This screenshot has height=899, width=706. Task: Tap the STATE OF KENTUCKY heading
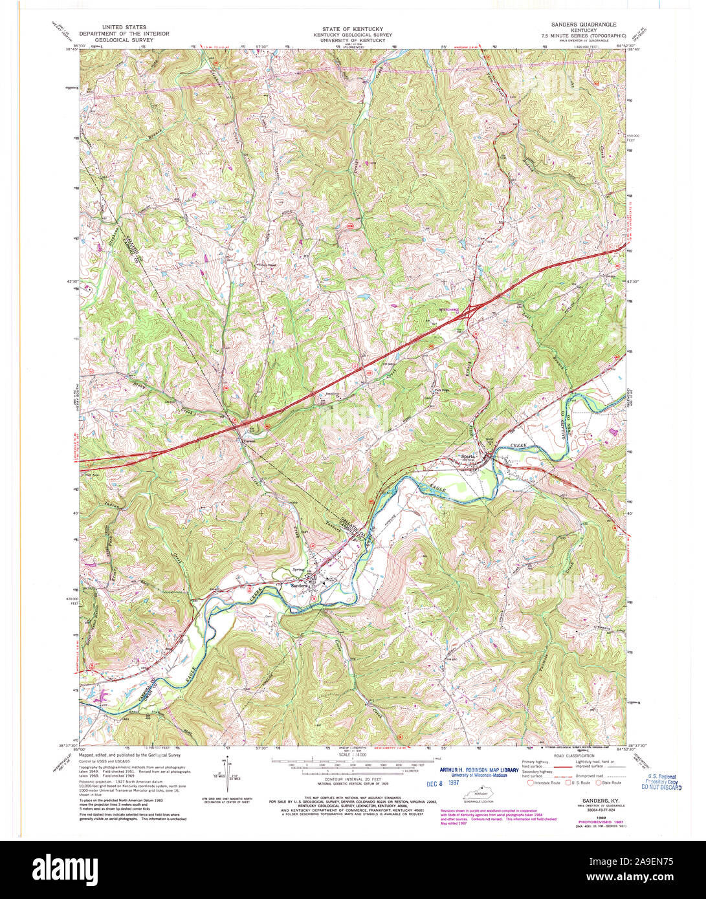point(353,29)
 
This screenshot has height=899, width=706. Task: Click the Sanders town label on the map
point(299,586)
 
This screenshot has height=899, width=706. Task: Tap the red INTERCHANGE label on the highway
point(453,310)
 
